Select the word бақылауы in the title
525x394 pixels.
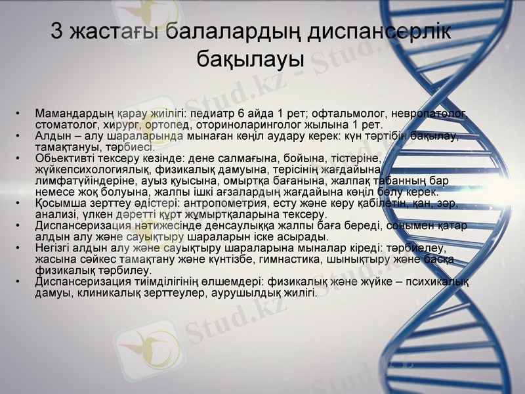250,58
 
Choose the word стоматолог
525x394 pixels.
65,124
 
